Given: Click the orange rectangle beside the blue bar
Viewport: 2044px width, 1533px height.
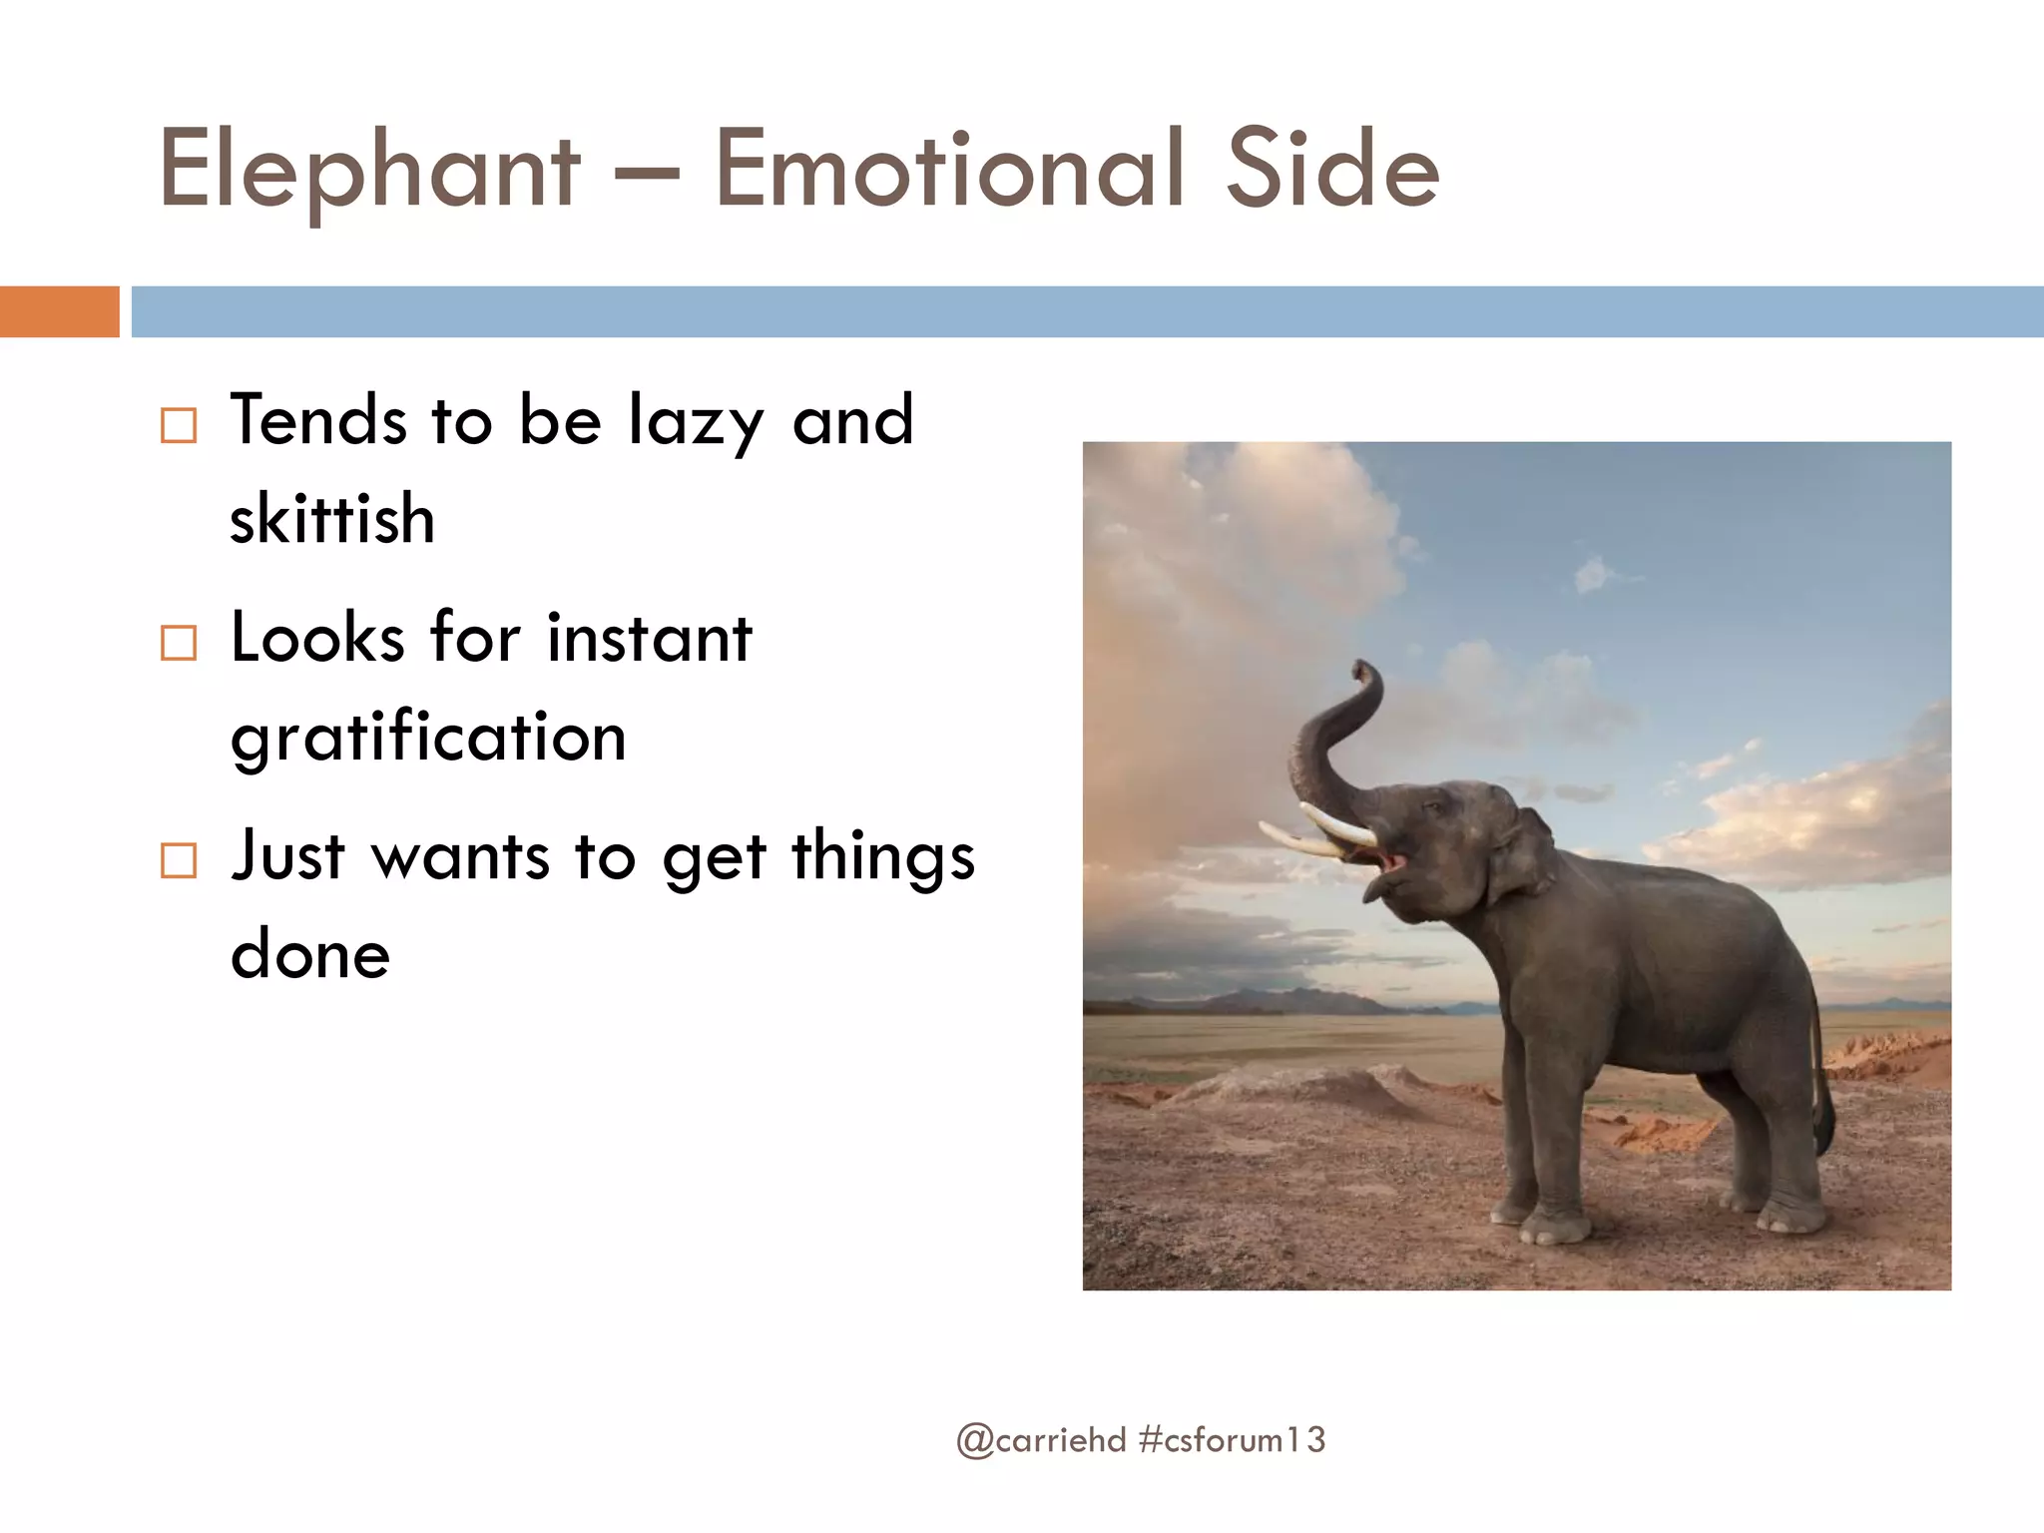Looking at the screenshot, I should click(59, 311).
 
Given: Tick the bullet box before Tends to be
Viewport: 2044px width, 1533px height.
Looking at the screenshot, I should click(179, 426).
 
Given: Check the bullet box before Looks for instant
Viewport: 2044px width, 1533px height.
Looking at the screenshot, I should click(179, 643).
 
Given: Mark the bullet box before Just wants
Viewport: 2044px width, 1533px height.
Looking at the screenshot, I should click(179, 860).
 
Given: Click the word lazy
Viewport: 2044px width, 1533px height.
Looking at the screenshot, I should click(696, 421).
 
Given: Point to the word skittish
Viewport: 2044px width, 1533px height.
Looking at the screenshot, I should click(332, 519).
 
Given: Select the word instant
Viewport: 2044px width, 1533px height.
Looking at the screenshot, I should click(650, 639).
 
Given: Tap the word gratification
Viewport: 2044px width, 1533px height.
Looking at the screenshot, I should click(428, 739).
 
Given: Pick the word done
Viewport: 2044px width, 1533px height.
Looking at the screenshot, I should click(310, 955).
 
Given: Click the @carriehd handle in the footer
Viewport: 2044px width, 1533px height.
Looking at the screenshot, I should click(1041, 1440).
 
